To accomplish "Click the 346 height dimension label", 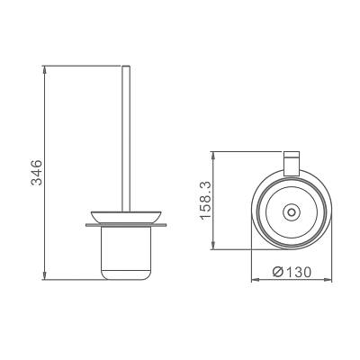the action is click(37, 173).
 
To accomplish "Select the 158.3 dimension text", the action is click(207, 201).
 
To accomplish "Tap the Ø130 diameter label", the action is click(292, 272).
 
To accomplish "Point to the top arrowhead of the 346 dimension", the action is click(45, 69).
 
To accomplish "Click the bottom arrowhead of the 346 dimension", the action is click(45, 276).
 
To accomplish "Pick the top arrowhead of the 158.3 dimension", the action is click(213, 156).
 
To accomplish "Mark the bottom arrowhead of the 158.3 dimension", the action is click(213, 246).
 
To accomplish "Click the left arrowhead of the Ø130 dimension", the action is click(255, 280).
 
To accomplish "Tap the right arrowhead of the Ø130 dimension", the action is click(328, 280).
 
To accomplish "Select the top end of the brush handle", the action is click(126, 66).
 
